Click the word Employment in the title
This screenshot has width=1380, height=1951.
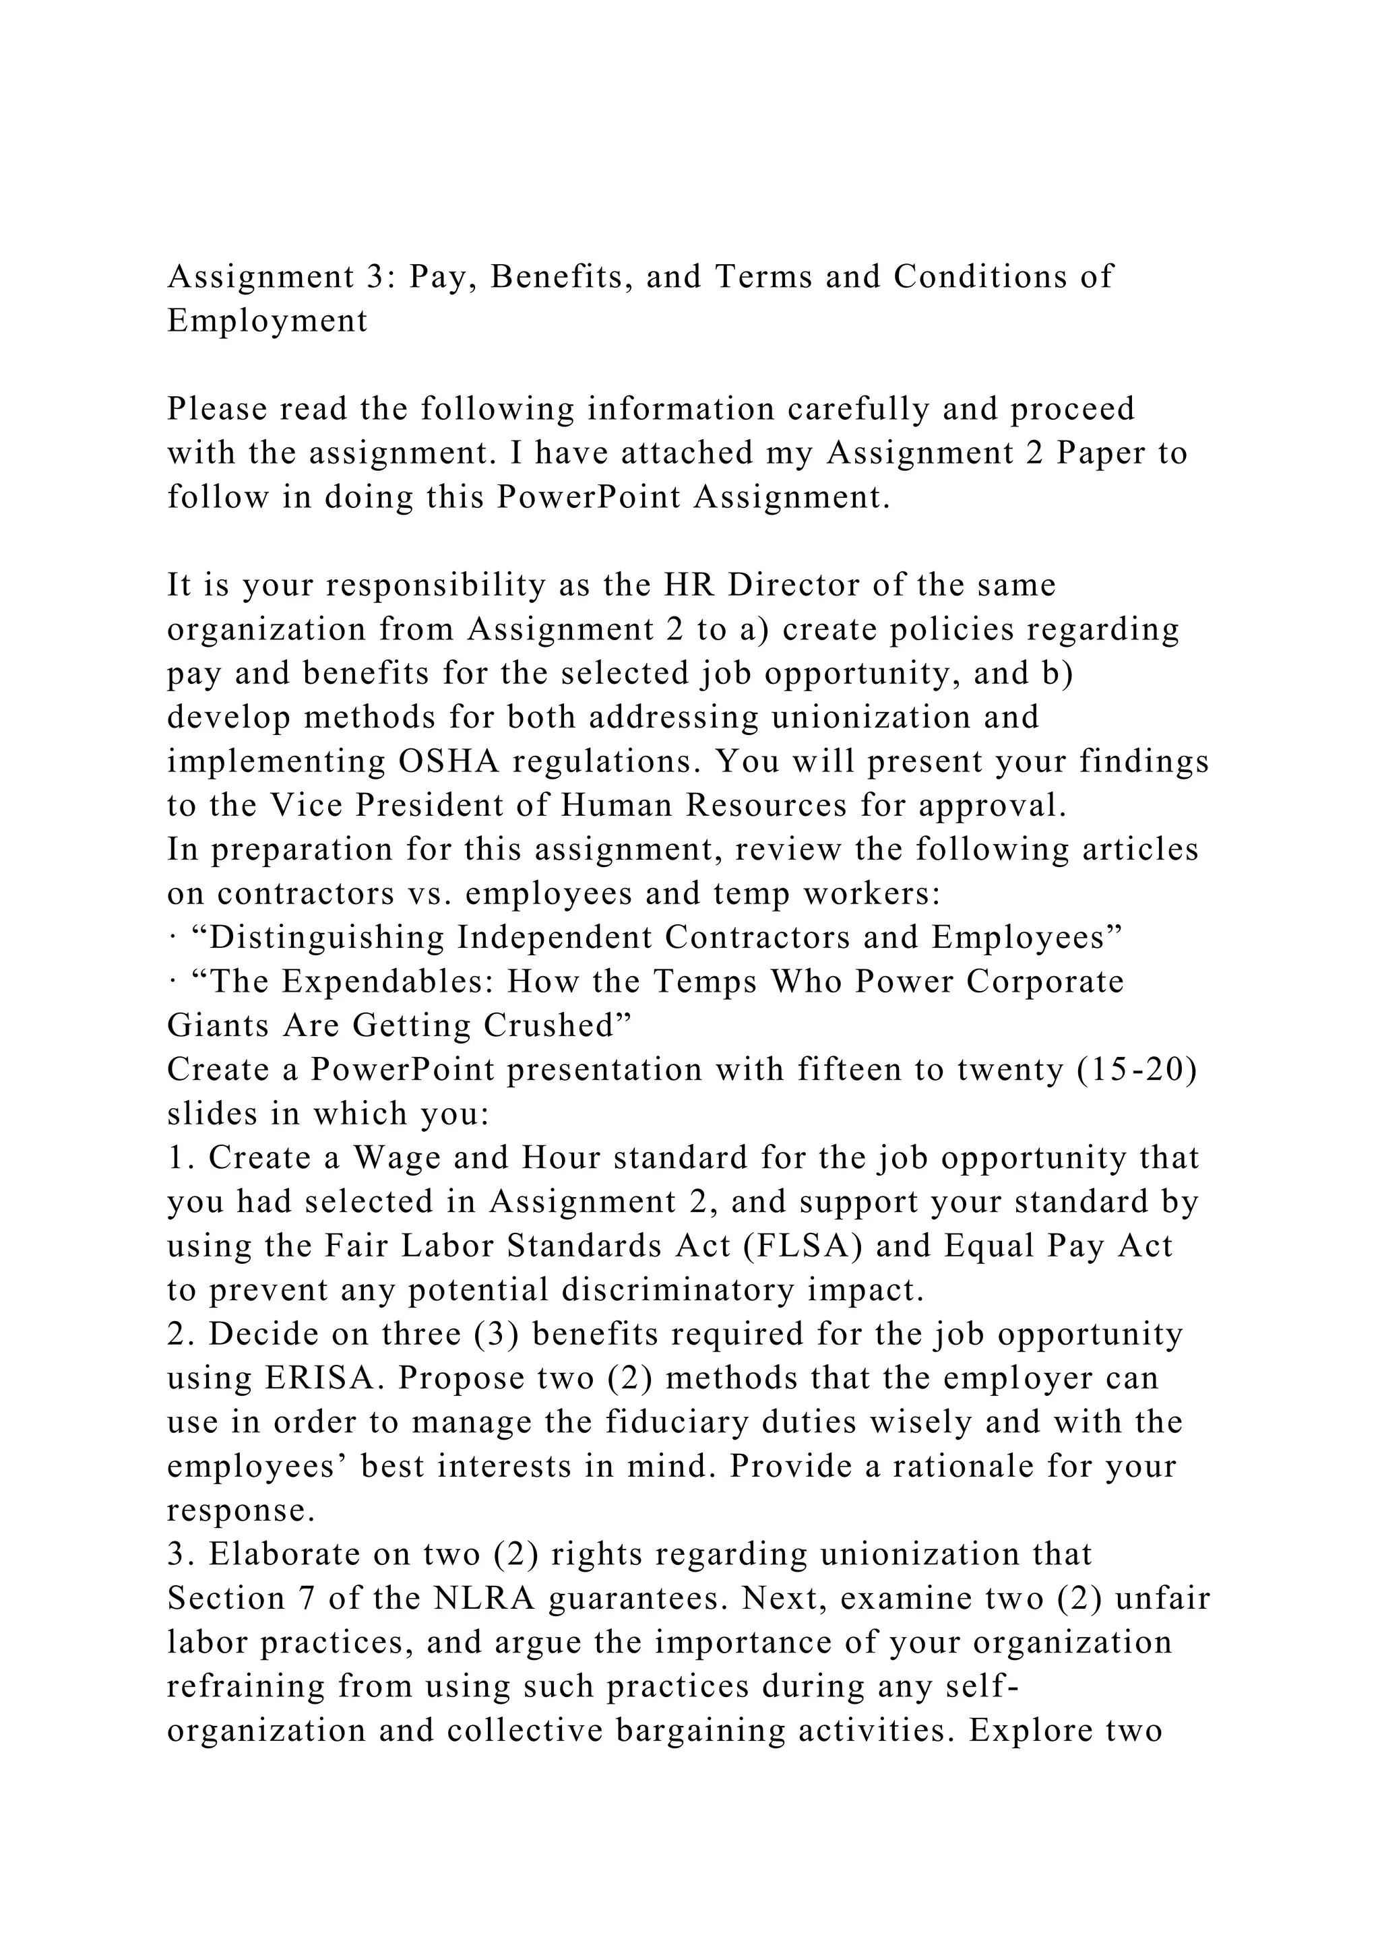[268, 321]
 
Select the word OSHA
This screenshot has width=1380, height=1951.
[449, 761]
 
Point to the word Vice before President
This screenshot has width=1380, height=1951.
[306, 806]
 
